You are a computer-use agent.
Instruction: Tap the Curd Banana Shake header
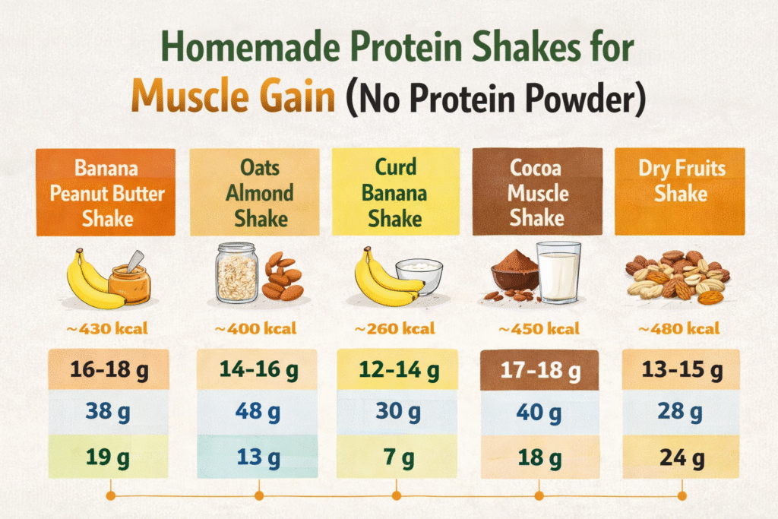coord(395,192)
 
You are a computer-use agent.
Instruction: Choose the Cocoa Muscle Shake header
coord(537,192)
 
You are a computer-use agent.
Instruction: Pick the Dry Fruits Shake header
coord(681,180)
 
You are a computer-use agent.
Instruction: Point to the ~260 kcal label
coord(395,330)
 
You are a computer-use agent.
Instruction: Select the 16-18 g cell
coord(108,370)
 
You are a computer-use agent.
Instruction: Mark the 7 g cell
coord(396,458)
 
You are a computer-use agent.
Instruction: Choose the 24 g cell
coord(681,458)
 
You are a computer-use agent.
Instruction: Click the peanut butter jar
coord(129,282)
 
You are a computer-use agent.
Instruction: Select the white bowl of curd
coord(419,276)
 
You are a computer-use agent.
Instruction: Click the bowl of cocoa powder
coord(514,274)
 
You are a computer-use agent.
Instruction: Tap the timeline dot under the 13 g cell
coord(258,496)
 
